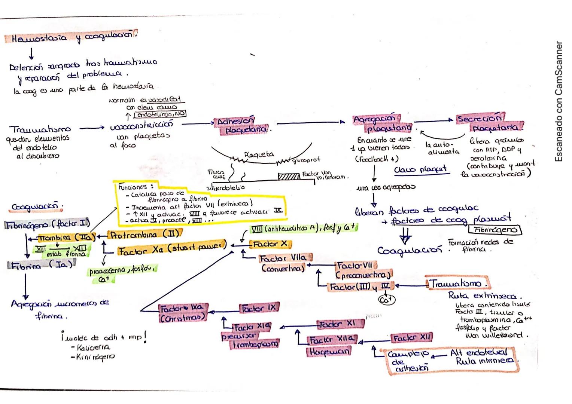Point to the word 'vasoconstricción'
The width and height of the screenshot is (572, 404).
pos(142,125)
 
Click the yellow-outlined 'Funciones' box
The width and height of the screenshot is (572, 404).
pos(200,203)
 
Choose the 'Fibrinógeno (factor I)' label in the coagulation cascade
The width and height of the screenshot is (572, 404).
pos(48,224)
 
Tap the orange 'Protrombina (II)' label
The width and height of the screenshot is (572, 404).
pos(144,235)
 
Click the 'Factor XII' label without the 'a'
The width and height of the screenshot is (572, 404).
pos(411,338)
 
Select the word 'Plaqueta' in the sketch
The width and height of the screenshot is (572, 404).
pos(259,154)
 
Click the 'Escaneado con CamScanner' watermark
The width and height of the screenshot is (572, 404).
pos(559,101)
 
